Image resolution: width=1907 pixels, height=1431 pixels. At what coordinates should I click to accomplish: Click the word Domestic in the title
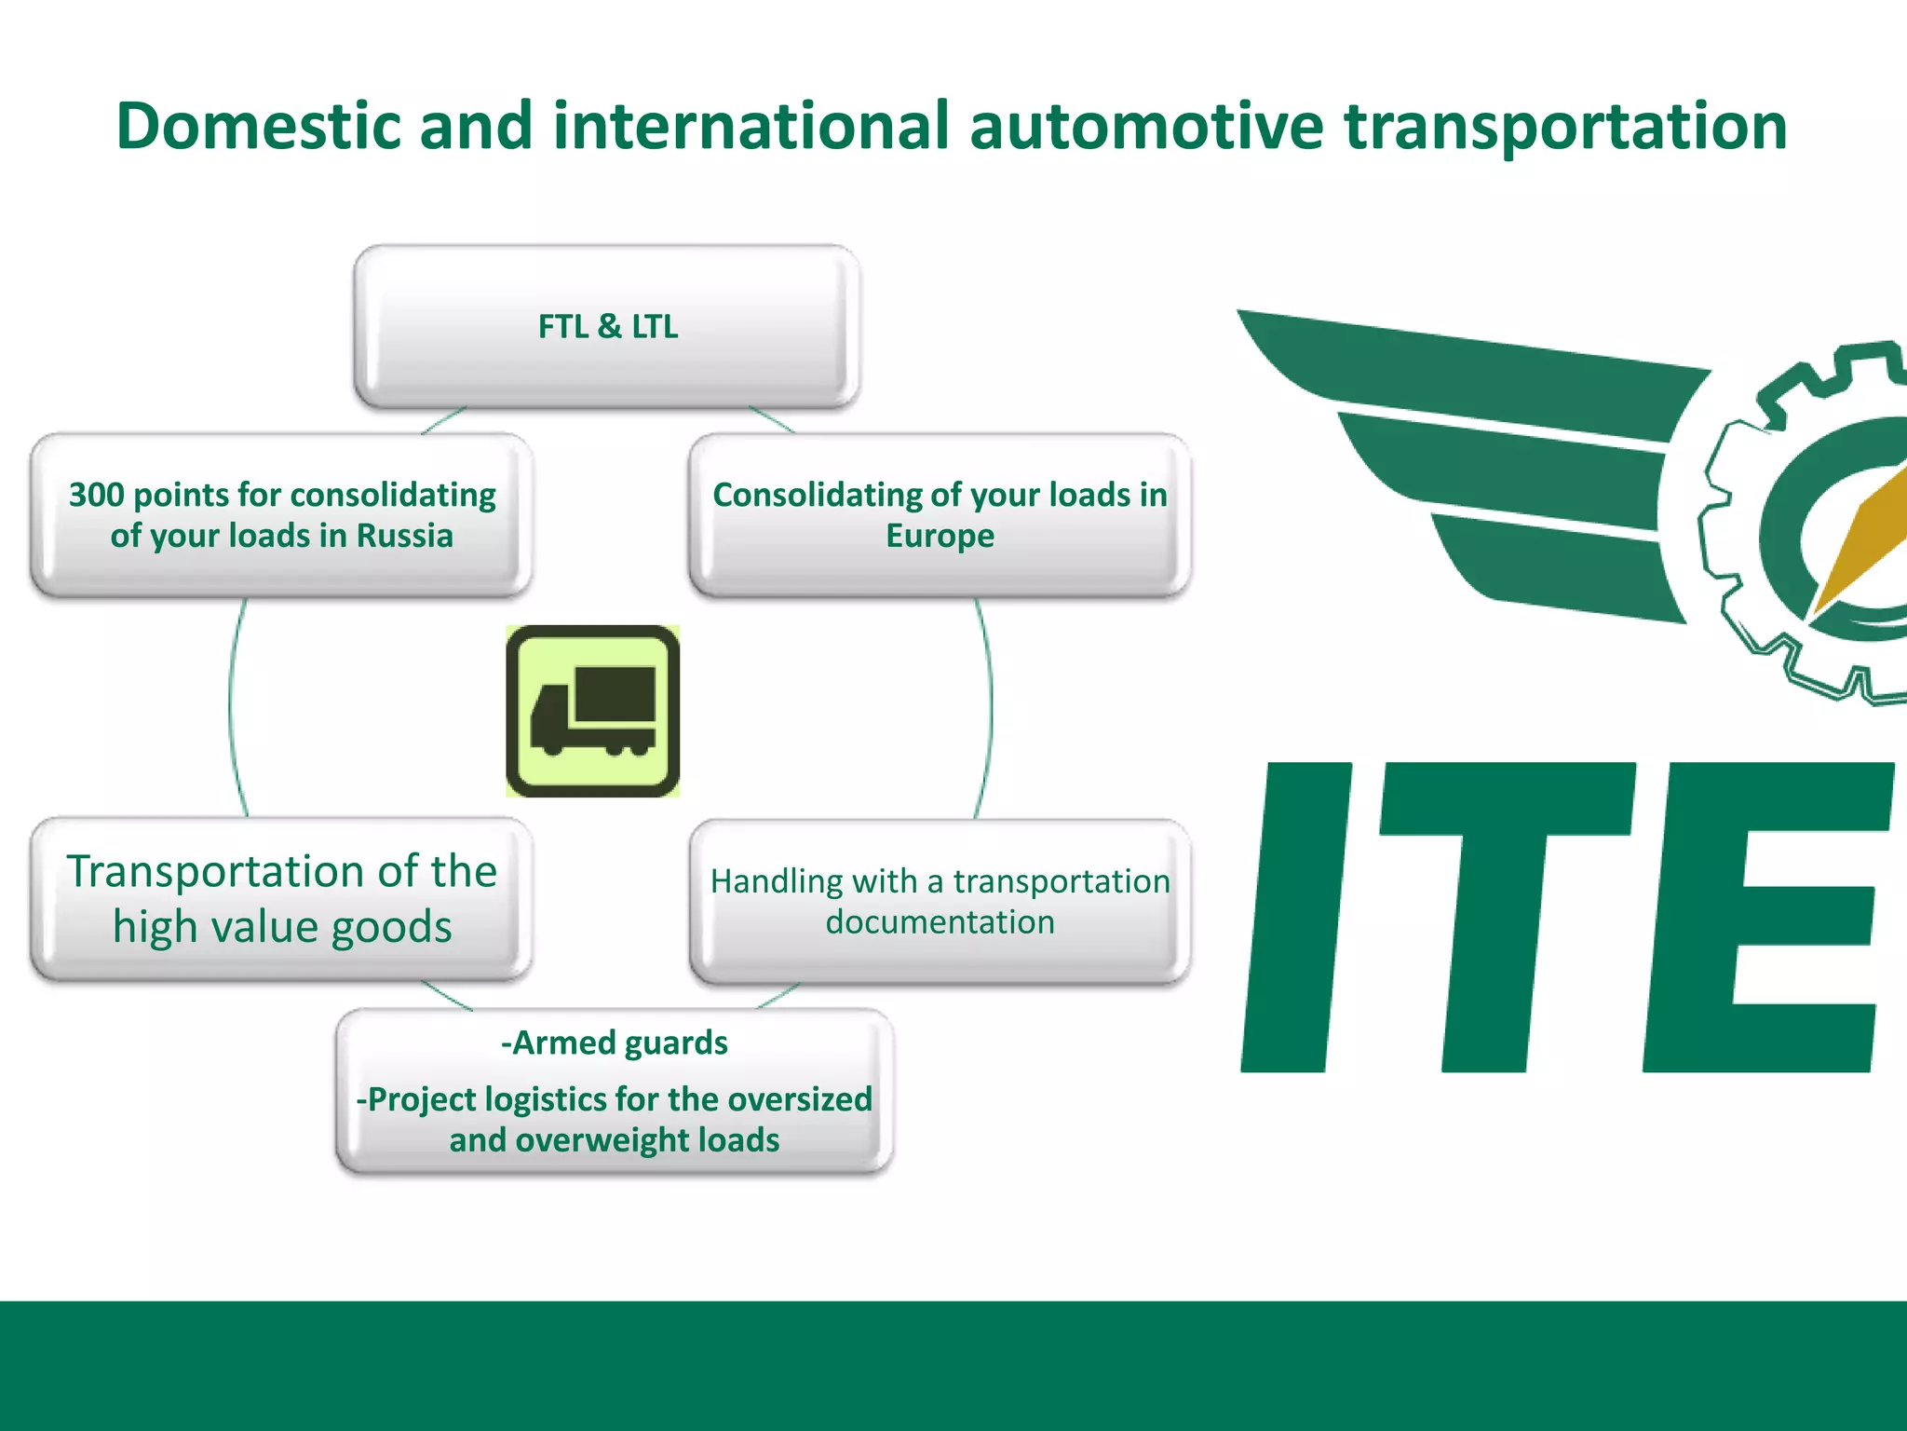coord(258,126)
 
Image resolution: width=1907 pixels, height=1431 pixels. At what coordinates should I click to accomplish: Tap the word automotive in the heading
coord(1145,126)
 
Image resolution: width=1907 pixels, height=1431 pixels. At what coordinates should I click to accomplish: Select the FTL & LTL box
coord(607,327)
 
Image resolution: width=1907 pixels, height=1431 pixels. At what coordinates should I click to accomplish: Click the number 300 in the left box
coord(96,495)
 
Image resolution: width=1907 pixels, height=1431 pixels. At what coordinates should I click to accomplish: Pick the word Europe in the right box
coord(940,536)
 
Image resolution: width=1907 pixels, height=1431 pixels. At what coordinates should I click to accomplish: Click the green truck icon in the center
coord(593,711)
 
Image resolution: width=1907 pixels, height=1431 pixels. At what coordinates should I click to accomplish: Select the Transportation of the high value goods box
coord(281,899)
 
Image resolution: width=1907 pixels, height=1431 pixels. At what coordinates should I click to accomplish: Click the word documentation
coord(940,922)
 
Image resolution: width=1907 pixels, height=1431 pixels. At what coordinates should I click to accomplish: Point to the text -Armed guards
coord(614,1043)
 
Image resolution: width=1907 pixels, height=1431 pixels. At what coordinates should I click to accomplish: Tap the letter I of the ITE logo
coord(1296,918)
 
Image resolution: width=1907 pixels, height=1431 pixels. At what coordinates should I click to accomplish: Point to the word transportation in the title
coord(1564,126)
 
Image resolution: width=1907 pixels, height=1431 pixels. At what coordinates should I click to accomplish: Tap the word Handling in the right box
coord(777,881)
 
